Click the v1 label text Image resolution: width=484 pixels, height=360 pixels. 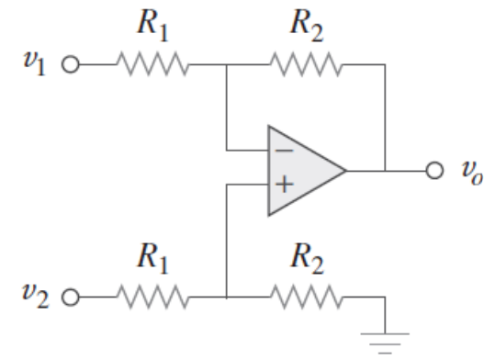(x=35, y=63)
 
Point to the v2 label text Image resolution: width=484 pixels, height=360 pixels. (x=35, y=296)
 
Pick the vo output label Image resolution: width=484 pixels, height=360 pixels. (x=471, y=173)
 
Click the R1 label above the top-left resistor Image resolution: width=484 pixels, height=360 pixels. (x=152, y=25)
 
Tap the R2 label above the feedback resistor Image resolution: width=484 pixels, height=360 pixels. (x=307, y=25)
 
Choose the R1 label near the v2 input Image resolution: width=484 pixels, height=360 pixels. (x=152, y=258)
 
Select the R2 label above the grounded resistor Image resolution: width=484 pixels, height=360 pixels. (x=307, y=258)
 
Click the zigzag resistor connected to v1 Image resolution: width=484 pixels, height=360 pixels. (x=152, y=64)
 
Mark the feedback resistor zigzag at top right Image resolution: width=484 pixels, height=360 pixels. (x=306, y=64)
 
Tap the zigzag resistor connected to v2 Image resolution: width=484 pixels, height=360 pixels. (x=152, y=297)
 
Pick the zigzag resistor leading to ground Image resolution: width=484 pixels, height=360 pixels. (x=306, y=297)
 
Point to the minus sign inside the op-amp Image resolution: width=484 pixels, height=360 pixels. (x=284, y=151)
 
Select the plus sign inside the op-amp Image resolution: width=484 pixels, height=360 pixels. (x=284, y=185)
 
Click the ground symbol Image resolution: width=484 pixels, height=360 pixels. (x=385, y=343)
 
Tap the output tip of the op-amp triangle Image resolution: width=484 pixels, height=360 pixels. (x=346, y=170)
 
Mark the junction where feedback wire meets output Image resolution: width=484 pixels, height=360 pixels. (x=385, y=170)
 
